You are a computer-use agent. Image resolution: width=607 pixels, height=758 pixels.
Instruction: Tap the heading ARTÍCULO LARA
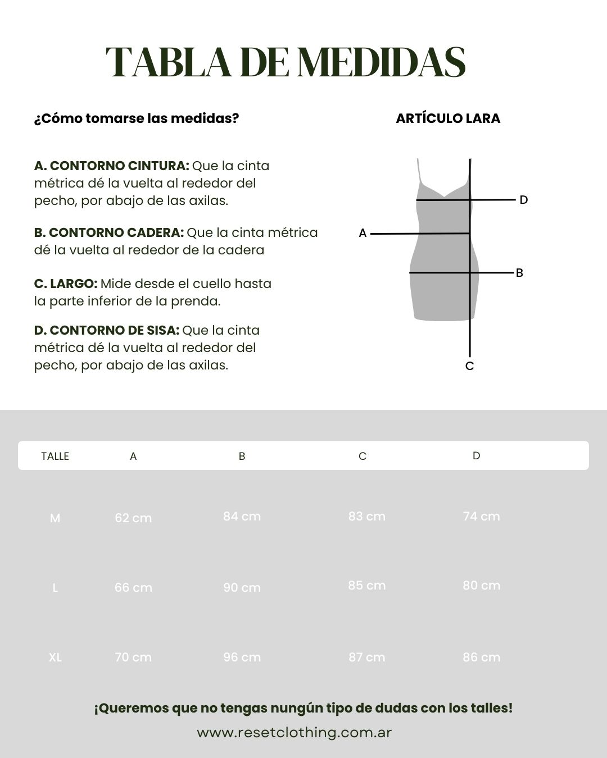click(448, 118)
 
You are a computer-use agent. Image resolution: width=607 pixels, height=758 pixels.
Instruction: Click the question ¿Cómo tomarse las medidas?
click(137, 118)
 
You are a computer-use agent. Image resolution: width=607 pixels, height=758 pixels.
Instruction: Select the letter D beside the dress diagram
click(523, 200)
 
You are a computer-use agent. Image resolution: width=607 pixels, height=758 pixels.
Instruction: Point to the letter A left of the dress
click(363, 233)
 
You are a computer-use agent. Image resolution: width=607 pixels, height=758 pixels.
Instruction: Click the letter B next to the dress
click(519, 273)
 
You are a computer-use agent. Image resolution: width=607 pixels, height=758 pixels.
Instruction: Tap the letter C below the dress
click(470, 366)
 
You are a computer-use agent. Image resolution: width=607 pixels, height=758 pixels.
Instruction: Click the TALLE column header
click(55, 456)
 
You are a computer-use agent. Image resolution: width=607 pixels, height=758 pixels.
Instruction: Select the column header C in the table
click(363, 456)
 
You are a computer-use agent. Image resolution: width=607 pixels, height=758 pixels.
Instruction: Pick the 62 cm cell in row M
click(133, 518)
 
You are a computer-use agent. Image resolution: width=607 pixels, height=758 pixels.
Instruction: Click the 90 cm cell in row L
click(242, 587)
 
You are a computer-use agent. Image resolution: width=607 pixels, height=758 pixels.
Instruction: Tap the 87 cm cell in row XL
click(366, 657)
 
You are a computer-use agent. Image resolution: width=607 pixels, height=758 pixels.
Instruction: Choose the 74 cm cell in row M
click(481, 517)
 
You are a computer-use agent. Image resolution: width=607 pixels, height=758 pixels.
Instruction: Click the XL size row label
click(55, 657)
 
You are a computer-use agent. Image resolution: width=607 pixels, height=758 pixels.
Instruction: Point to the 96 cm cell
click(242, 657)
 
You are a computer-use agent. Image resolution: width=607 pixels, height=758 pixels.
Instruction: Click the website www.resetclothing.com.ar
click(294, 732)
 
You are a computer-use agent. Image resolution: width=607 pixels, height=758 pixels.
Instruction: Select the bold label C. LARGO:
click(66, 284)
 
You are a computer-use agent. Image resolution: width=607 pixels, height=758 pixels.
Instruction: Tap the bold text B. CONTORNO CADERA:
click(109, 232)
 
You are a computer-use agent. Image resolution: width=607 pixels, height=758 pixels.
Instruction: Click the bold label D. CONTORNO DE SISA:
click(107, 330)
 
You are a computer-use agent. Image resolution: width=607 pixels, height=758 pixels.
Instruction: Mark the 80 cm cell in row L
click(481, 586)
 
